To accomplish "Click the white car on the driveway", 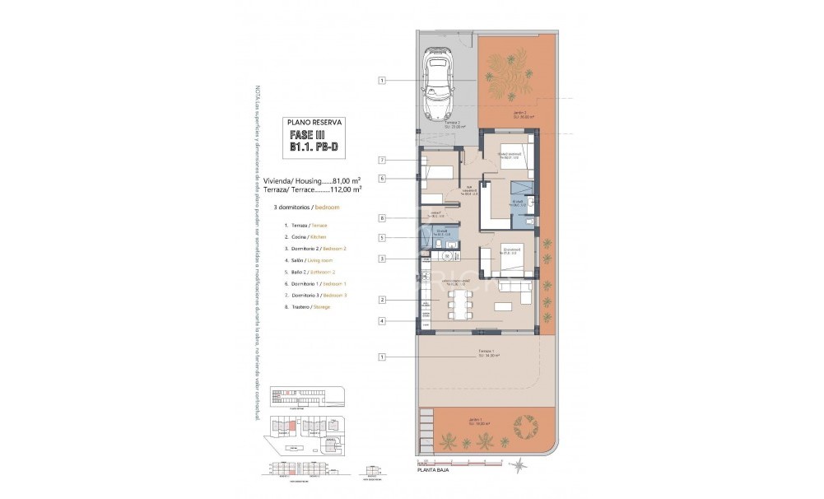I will tap(439, 86).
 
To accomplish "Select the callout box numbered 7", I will tap(383, 160).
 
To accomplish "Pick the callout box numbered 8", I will tap(383, 218).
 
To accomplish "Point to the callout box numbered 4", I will tap(383, 320).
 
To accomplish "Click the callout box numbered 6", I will tap(383, 178).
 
